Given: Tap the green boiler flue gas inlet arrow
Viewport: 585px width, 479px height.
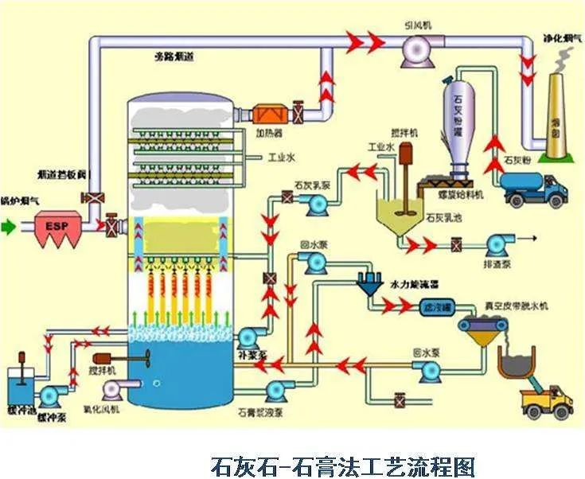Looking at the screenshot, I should [x=9, y=227].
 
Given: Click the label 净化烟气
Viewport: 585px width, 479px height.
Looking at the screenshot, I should [x=556, y=37].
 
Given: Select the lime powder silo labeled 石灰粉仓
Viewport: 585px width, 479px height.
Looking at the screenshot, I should [x=459, y=119].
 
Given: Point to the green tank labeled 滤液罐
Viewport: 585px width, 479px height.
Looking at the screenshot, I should [x=436, y=306].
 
